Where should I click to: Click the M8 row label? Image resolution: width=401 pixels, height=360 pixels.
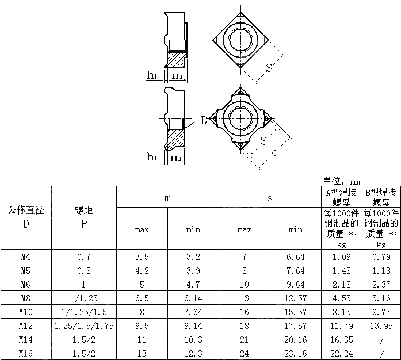pyautogui.click(x=26, y=298)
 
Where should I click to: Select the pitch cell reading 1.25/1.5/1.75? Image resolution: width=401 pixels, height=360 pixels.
pyautogui.click(x=84, y=325)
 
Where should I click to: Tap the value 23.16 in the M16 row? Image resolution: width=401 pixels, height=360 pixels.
pyautogui.click(x=295, y=353)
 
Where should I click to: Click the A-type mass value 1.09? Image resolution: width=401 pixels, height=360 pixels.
pyautogui.click(x=341, y=256)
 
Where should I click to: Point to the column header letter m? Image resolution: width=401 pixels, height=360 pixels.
pyautogui.click(x=167, y=198)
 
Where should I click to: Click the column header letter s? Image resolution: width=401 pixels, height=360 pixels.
pyautogui.click(x=270, y=198)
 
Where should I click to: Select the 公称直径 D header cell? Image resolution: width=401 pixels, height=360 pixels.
pyautogui.click(x=26, y=217)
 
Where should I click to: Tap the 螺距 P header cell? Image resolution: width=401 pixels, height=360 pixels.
pyautogui.click(x=84, y=217)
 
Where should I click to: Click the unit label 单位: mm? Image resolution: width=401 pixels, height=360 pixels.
pyautogui.click(x=341, y=181)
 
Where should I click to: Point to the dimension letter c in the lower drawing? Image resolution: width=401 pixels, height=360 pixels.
pyautogui.click(x=275, y=152)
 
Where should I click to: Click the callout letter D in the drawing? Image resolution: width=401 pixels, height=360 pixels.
pyautogui.click(x=204, y=120)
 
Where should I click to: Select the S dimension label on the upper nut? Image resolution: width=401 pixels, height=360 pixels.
pyautogui.click(x=269, y=68)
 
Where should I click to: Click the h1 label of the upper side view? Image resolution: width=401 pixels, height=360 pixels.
pyautogui.click(x=152, y=76)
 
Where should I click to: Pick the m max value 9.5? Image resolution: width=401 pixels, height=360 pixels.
pyautogui.click(x=142, y=325)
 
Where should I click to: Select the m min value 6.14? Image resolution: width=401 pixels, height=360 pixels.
pyautogui.click(x=193, y=298)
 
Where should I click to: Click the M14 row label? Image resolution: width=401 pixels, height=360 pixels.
pyautogui.click(x=26, y=339)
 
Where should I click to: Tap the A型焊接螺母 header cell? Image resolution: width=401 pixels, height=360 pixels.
pyautogui.click(x=341, y=197)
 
